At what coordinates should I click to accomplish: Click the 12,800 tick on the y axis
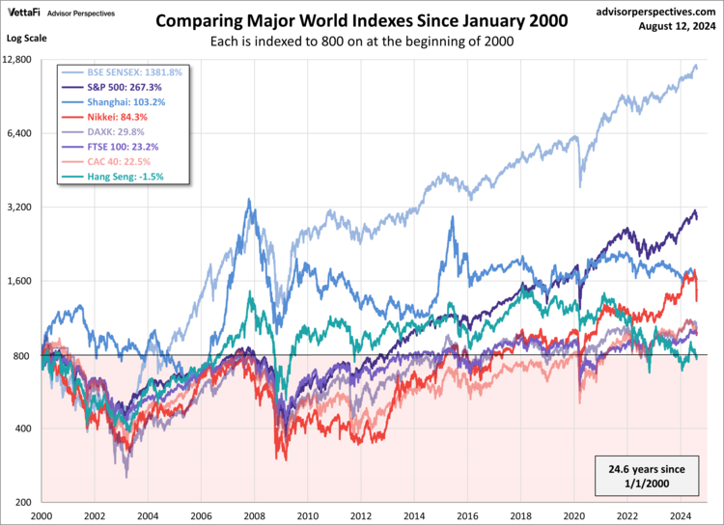pos(19,60)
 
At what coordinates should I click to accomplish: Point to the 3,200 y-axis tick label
pos(22,207)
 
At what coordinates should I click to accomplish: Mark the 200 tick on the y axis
pos(26,503)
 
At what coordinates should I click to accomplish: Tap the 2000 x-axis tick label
pos(41,515)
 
